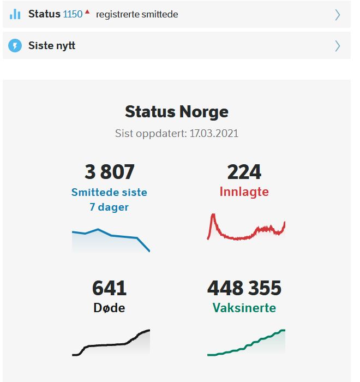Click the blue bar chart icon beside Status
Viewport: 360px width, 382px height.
[x=15, y=14]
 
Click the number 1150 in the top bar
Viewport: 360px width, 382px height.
[x=73, y=14]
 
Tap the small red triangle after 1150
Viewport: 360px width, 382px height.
[x=87, y=11]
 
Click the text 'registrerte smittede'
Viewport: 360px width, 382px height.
[x=137, y=15]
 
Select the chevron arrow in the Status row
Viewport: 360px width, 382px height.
[x=337, y=15]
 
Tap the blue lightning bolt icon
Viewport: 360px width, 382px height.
[x=15, y=46]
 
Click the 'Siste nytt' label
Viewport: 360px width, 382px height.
[x=52, y=46]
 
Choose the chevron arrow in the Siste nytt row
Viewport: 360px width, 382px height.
[x=337, y=46]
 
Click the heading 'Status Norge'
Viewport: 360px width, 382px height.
[x=177, y=111]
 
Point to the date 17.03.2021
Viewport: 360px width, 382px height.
[x=213, y=133]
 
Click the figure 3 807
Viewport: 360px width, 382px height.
[x=109, y=172]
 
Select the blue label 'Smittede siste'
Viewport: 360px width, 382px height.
[x=109, y=193]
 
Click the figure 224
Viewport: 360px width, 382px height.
[x=244, y=172]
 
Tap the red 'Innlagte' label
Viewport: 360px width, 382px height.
[x=244, y=192]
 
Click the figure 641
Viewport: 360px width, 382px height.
[x=109, y=288]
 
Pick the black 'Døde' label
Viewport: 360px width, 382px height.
[x=109, y=308]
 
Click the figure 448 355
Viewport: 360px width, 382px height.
[x=244, y=288]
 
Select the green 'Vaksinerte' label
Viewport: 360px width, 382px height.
[x=244, y=308]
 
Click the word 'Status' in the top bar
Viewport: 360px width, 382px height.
[x=44, y=14]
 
